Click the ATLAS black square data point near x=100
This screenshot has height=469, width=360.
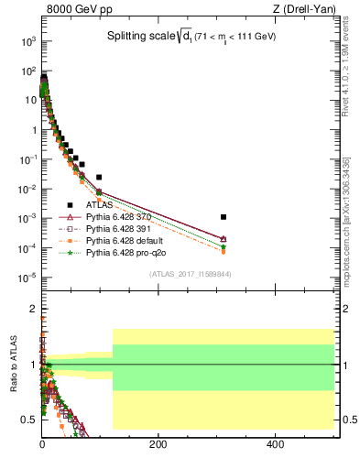click(99, 177)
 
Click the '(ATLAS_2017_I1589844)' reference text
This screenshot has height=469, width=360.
click(190, 274)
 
